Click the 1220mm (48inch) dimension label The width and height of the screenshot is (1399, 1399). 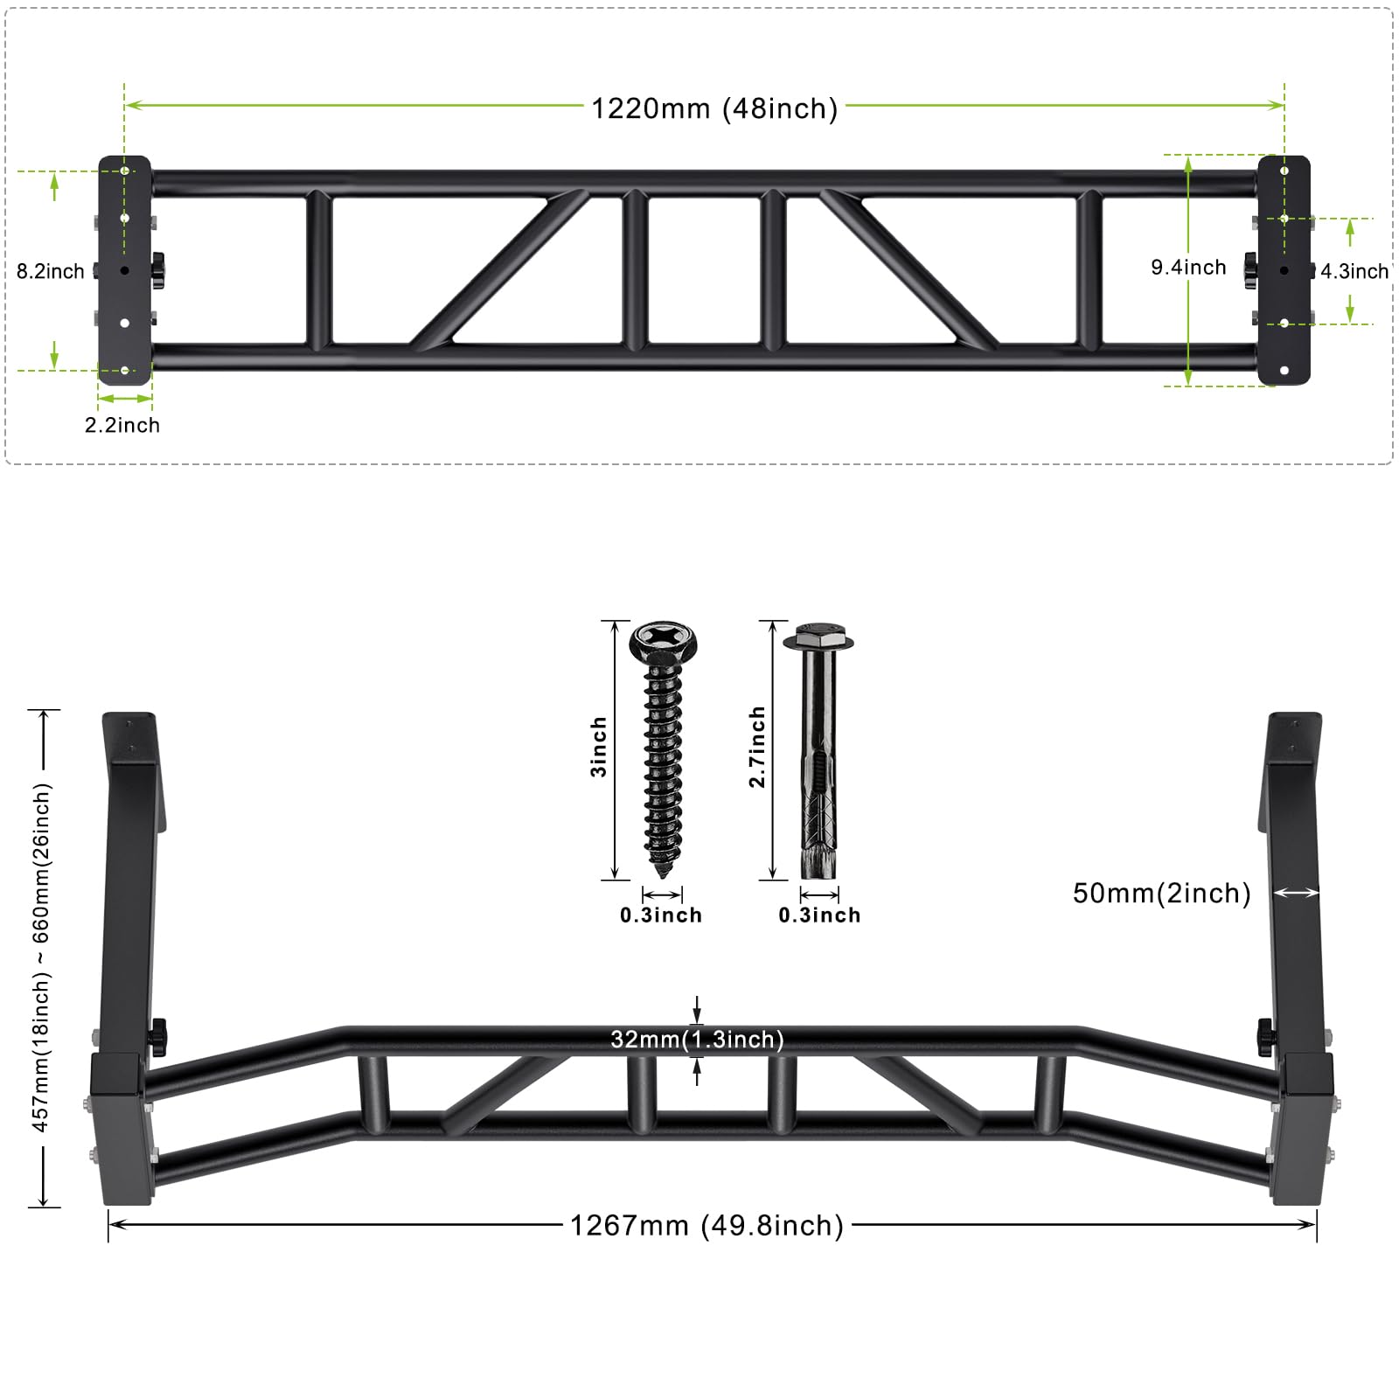(714, 108)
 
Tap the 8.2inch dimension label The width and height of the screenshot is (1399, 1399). (50, 271)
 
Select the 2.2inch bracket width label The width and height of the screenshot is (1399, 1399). (122, 425)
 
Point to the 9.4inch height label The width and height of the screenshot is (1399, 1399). (1188, 268)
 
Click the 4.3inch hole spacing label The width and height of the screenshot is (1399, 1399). (1354, 271)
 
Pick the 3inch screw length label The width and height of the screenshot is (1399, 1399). (599, 747)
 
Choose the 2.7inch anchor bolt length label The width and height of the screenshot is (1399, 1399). (757, 747)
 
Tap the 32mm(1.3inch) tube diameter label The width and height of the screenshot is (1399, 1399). (697, 1039)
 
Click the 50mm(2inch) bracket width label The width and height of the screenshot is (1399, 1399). (1161, 893)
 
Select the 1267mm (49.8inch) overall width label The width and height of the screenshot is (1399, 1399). (706, 1225)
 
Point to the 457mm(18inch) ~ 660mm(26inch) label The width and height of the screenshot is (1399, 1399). (41, 957)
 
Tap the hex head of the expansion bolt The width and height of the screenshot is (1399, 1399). (818, 635)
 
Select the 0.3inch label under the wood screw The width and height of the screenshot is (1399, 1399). (661, 915)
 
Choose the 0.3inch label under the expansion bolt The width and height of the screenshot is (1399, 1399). (819, 915)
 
